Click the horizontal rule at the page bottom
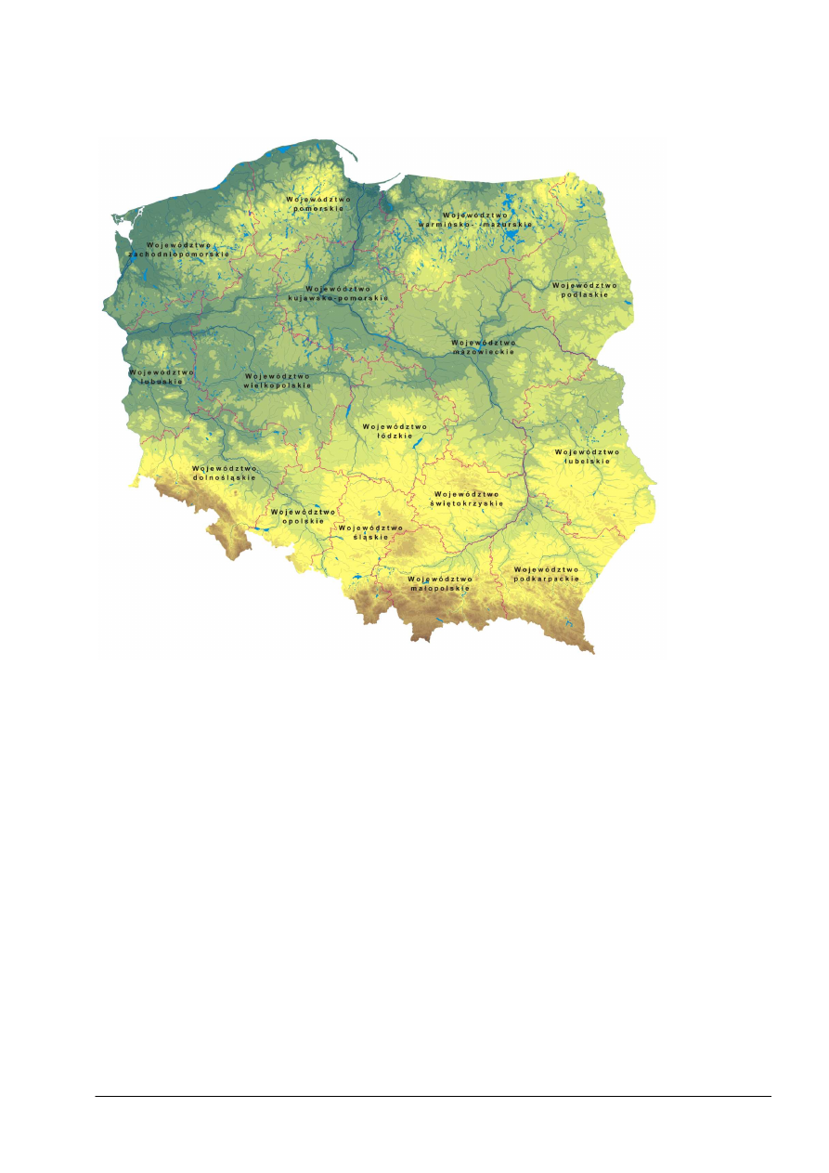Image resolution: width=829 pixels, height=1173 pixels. [x=433, y=1096]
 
